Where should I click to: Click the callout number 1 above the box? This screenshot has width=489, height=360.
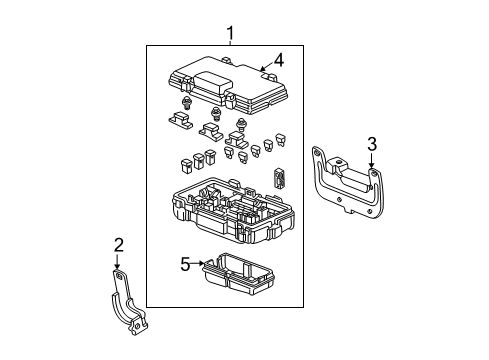[231, 36]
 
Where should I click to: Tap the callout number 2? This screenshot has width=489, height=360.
[118, 246]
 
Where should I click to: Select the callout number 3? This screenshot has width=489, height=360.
[371, 144]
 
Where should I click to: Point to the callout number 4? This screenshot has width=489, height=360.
[279, 61]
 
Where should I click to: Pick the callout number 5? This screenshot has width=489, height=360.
[185, 264]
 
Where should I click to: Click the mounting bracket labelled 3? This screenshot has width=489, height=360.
[345, 186]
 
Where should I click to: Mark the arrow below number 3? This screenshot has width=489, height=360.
[372, 166]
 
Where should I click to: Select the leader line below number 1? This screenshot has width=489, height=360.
[231, 45]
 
